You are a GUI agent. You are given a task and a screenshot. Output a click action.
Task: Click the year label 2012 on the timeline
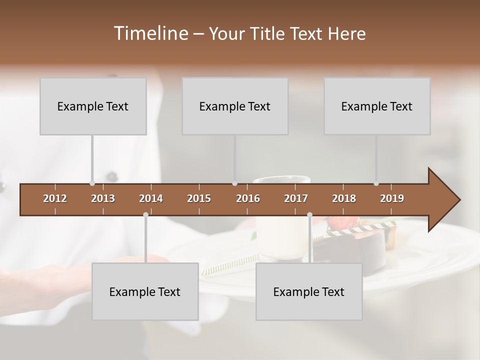pos(55,198)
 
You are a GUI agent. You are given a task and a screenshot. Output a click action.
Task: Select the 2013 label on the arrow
pos(103,198)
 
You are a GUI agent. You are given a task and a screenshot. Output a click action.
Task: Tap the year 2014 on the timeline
pos(151,198)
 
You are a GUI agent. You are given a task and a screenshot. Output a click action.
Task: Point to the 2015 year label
pos(199,198)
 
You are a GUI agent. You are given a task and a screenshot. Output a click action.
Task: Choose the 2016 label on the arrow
pos(248,198)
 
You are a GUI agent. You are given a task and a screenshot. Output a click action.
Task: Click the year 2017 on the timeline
pos(296,198)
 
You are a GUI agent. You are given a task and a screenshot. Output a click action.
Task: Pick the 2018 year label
pos(344,198)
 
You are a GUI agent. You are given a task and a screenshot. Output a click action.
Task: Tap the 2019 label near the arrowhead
pos(392,198)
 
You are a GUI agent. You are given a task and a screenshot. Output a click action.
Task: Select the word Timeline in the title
pos(150,33)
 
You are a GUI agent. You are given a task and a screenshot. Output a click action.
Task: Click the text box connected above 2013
pos(93,106)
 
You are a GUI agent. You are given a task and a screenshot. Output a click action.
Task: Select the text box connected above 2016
pos(235,106)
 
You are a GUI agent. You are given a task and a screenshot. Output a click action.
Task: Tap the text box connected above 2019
pos(377,106)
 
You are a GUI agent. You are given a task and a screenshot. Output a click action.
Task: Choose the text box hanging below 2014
pos(145,291)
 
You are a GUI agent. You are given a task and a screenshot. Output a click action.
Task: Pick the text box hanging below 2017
pos(309,291)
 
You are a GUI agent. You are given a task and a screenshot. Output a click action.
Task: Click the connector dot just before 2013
pos(92,183)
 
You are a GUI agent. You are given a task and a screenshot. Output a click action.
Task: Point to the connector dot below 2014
pos(145,215)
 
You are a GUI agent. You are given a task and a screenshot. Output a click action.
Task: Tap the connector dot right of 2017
pos(309,215)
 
